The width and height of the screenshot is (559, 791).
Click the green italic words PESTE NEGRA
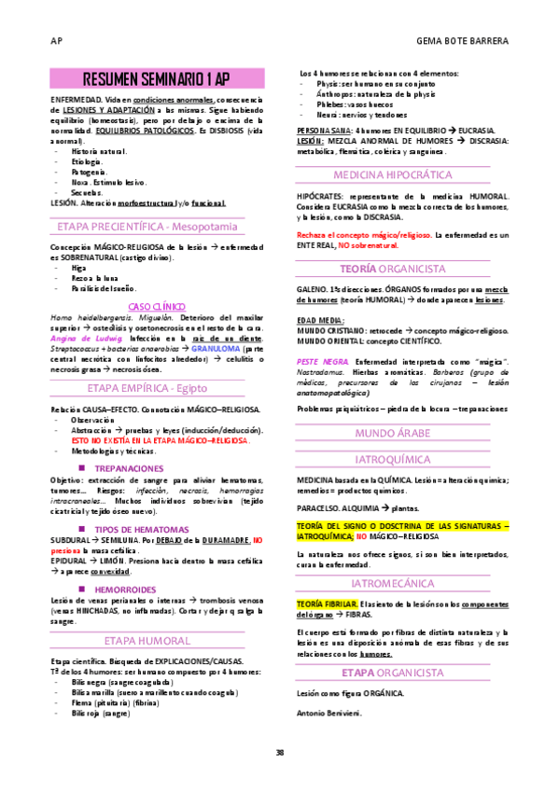point(319,359)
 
